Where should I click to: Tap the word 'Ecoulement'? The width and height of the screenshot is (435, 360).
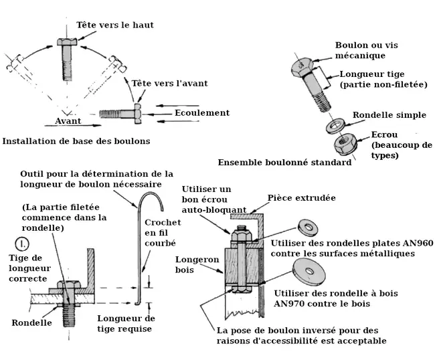click(201, 113)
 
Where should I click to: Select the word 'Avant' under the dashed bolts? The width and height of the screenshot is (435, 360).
click(67, 121)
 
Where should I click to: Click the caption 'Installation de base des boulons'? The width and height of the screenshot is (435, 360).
click(76, 141)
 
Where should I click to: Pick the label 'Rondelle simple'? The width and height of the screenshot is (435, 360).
click(389, 115)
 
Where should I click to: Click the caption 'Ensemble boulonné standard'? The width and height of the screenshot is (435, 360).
click(284, 163)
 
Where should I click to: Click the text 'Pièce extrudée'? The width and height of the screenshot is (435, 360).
click(301, 198)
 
